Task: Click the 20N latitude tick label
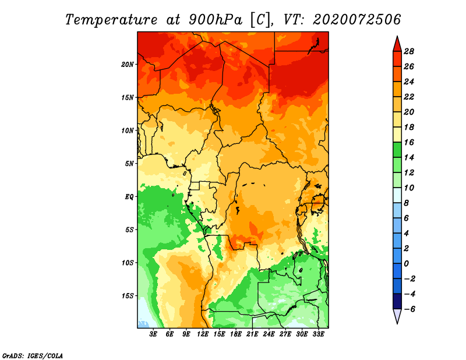point(128,65)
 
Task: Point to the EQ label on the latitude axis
point(129,197)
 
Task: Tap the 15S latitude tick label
point(128,296)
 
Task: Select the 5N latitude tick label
point(129,164)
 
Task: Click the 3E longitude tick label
point(153,334)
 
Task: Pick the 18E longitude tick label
point(236,334)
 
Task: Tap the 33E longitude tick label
point(318,334)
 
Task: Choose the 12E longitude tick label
point(203,334)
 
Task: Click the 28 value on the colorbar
point(409,51)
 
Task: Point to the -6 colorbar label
point(409,309)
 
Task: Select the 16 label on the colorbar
point(409,142)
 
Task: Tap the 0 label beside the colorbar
point(406,264)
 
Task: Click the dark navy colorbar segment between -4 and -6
point(397,301)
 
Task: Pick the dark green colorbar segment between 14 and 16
point(397,150)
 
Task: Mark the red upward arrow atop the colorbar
point(397,44)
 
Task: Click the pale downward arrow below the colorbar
point(397,316)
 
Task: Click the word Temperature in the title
point(111,20)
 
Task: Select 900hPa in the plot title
point(215,20)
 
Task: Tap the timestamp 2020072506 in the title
point(356,20)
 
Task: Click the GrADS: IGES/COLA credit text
point(33,355)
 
